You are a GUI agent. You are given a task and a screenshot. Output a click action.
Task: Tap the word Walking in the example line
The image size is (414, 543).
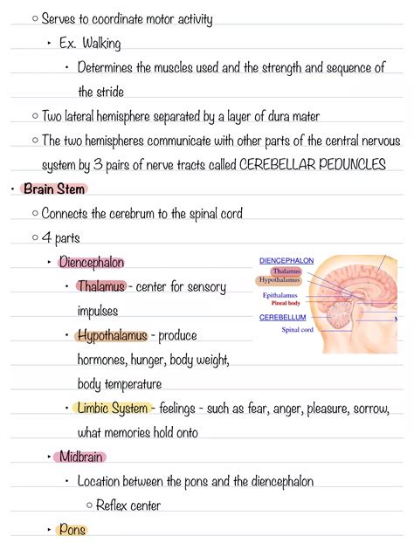tap(102, 43)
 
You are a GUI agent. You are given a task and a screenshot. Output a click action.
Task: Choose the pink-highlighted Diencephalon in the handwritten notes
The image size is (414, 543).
tap(91, 262)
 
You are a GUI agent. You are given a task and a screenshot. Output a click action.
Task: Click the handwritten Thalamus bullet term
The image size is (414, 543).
tap(100, 286)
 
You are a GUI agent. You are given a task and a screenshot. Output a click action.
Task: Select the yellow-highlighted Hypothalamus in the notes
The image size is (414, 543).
tap(111, 335)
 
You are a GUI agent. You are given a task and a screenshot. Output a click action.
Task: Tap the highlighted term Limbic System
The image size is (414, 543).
tap(112, 408)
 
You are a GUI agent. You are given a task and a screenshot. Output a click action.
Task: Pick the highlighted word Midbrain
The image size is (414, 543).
tap(83, 457)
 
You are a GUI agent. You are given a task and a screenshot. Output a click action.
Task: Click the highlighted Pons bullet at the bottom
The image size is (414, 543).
tap(72, 529)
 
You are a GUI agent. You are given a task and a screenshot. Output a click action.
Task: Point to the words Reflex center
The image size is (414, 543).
tap(128, 505)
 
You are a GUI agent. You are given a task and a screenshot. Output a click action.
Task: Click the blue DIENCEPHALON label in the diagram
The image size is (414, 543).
tap(286, 260)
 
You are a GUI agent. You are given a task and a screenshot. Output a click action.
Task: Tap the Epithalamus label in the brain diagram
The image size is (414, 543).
tap(281, 295)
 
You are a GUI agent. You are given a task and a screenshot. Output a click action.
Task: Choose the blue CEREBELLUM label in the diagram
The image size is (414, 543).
tap(282, 318)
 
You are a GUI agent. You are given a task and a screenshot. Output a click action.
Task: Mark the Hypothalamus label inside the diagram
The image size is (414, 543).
tap(279, 280)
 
